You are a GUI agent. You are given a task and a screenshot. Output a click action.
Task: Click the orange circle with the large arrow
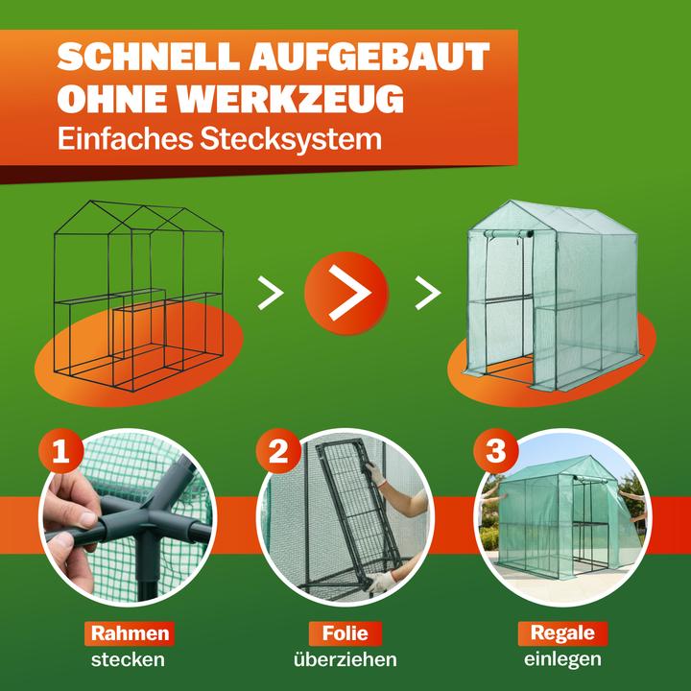(345, 292)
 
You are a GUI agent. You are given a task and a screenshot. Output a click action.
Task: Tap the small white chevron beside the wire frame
(271, 292)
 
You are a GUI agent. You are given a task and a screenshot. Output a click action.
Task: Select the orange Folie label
(345, 633)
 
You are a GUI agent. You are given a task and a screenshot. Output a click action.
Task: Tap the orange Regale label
(562, 633)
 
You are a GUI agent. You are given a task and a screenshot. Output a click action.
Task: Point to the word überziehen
(345, 660)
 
